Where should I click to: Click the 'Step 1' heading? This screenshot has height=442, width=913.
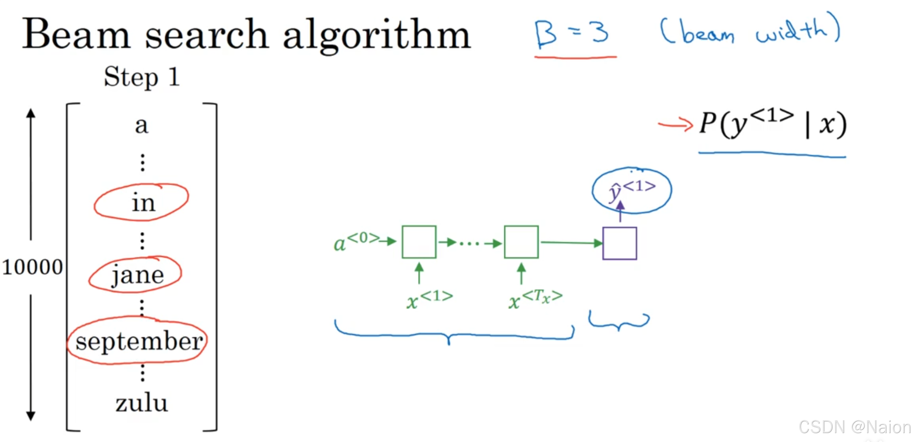(142, 77)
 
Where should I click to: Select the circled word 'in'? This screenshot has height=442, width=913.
(143, 203)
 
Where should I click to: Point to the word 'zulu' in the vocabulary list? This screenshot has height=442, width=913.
(142, 403)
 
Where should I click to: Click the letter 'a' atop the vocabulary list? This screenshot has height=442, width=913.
(142, 125)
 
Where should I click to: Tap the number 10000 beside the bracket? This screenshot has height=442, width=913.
(32, 267)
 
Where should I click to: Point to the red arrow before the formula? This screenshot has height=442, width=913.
(675, 125)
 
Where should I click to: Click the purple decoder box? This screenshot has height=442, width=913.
(619, 243)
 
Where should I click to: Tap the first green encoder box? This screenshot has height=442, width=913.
(419, 242)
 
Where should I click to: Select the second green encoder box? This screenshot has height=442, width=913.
(521, 242)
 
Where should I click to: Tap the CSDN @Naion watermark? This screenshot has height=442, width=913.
(855, 427)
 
